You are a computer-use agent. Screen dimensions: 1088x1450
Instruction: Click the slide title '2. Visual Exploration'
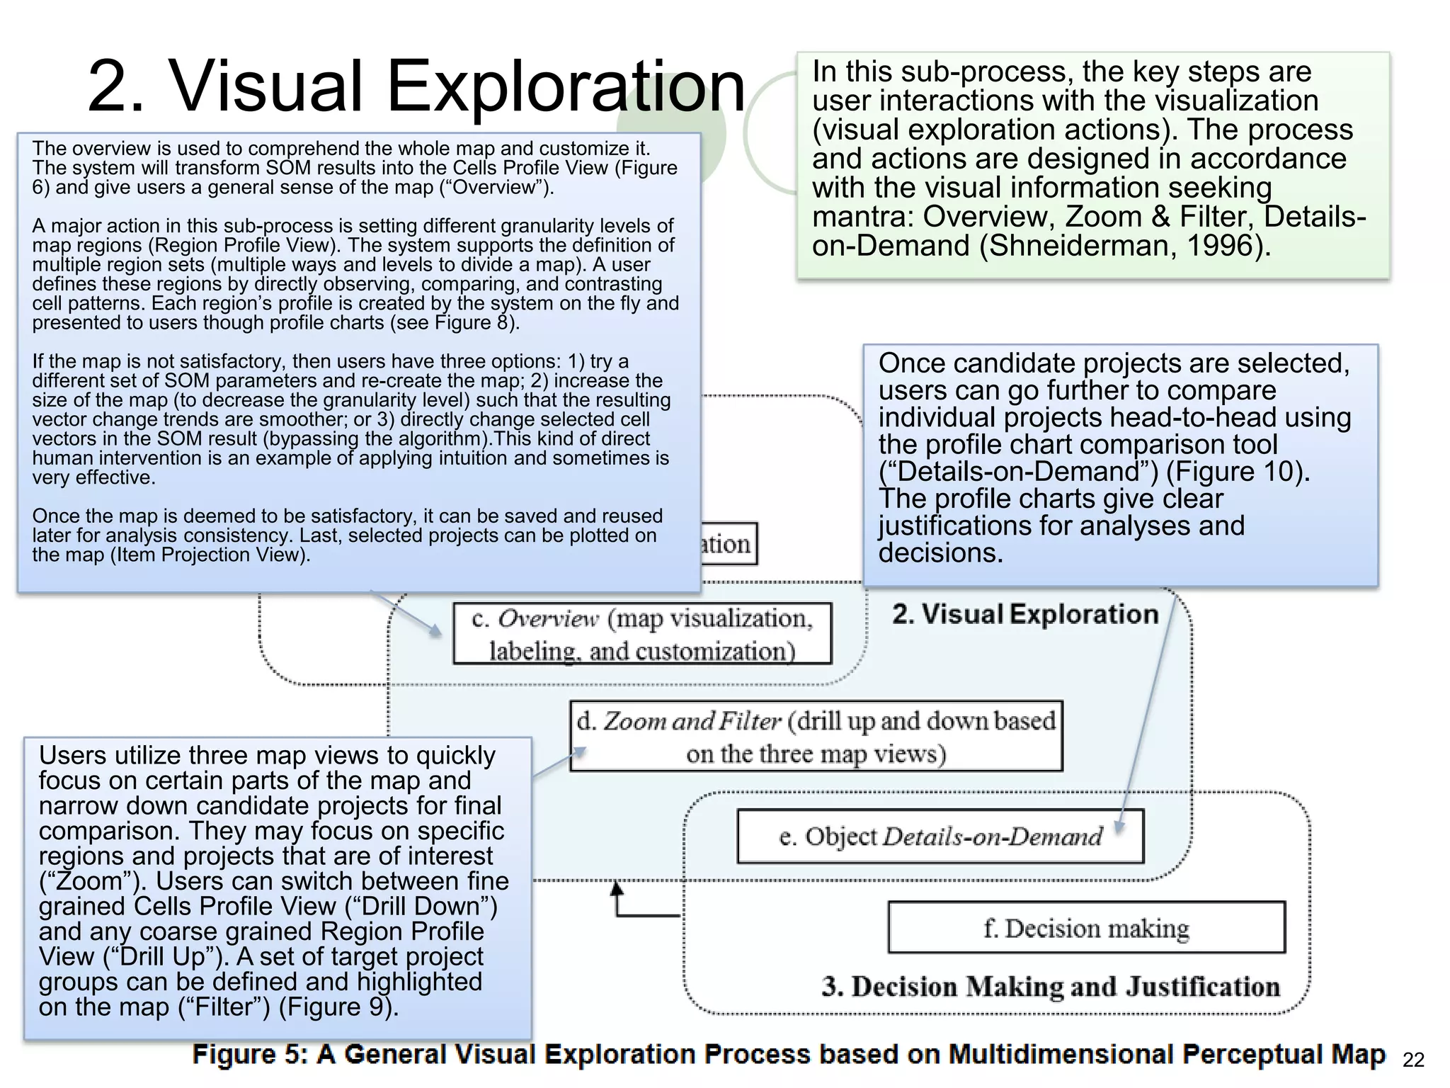pos(416,86)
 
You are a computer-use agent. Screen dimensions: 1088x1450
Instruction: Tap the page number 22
pos(1413,1060)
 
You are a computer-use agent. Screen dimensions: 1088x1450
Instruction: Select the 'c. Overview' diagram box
pos(642,633)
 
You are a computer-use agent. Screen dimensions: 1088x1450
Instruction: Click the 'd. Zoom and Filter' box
pos(816,737)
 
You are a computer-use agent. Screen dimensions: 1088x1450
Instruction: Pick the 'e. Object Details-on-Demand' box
pos(940,837)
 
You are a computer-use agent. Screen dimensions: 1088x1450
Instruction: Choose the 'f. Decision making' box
pos(1086,928)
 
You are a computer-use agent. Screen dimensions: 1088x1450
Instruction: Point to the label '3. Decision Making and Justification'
pos(1051,987)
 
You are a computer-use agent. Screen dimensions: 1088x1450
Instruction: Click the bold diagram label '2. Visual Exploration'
pos(1024,614)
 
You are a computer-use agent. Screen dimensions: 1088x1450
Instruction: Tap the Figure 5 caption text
pos(788,1055)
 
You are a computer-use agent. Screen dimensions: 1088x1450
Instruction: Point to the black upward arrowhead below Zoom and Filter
pos(617,888)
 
